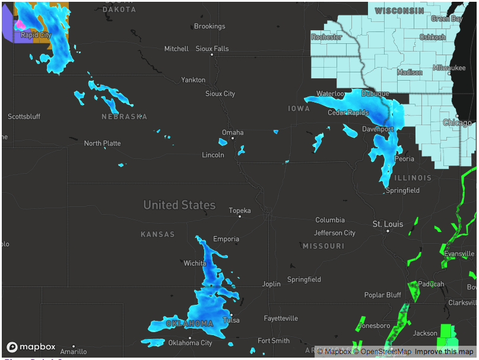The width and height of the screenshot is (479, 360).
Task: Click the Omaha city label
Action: (x=232, y=132)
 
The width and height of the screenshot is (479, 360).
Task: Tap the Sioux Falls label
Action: (x=212, y=49)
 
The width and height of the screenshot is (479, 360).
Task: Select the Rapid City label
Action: (x=36, y=35)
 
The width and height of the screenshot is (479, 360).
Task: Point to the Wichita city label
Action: (x=195, y=263)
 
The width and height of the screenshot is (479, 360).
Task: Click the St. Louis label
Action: (x=388, y=224)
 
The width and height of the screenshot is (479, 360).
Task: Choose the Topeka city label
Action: (x=240, y=211)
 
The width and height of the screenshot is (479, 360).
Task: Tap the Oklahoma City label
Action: (x=190, y=343)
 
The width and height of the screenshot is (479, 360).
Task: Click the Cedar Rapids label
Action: (x=348, y=113)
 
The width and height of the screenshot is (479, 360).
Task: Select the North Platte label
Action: (x=102, y=144)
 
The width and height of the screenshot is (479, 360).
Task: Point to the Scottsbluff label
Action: (x=24, y=117)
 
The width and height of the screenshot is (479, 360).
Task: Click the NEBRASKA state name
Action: (x=124, y=117)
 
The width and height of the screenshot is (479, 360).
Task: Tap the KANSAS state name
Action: (x=158, y=234)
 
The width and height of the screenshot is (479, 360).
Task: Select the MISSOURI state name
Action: (x=323, y=246)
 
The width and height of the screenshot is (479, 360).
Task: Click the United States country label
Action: (x=179, y=205)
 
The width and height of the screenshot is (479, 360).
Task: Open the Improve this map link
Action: (x=444, y=352)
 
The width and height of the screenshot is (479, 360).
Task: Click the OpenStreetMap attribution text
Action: (x=382, y=352)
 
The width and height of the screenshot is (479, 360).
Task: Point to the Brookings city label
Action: (x=210, y=26)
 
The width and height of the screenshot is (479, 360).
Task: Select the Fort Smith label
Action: (x=273, y=341)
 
